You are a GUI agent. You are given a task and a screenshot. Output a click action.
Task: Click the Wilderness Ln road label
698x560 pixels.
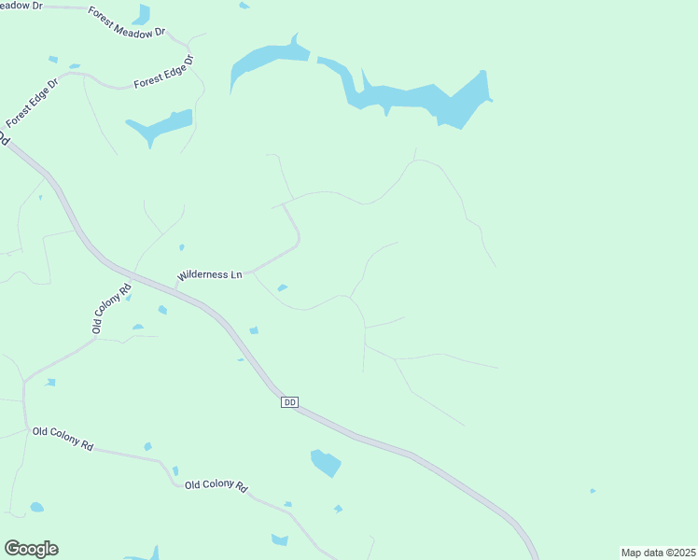(x=210, y=275)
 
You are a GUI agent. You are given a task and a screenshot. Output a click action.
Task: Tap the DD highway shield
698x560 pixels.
(x=289, y=401)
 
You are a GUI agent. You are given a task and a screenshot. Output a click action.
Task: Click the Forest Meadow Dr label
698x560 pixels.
(x=127, y=21)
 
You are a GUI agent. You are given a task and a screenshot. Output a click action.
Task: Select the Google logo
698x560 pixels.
(x=31, y=549)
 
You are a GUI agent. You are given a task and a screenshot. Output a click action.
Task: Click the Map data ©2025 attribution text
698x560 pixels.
(x=658, y=553)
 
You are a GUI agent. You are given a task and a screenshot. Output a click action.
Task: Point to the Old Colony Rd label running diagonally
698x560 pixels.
(x=110, y=306)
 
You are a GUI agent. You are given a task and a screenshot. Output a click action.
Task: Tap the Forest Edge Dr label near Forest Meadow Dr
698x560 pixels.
(x=163, y=73)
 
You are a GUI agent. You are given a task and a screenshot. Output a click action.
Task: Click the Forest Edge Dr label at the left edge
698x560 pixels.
(x=32, y=103)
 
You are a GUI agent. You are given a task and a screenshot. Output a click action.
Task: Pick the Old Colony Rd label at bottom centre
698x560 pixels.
(x=216, y=485)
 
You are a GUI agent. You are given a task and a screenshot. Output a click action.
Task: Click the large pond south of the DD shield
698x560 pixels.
(x=326, y=462)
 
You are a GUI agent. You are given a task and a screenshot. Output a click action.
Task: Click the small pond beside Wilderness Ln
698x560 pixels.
(x=282, y=287)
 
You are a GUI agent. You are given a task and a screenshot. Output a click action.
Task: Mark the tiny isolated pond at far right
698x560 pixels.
(x=593, y=491)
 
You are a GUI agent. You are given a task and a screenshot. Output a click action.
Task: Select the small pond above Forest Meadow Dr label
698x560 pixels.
(x=142, y=14)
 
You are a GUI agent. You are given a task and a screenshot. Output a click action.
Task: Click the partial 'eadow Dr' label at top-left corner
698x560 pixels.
(x=21, y=6)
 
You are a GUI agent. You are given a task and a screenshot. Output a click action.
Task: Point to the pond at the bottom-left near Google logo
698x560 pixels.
(x=36, y=507)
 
